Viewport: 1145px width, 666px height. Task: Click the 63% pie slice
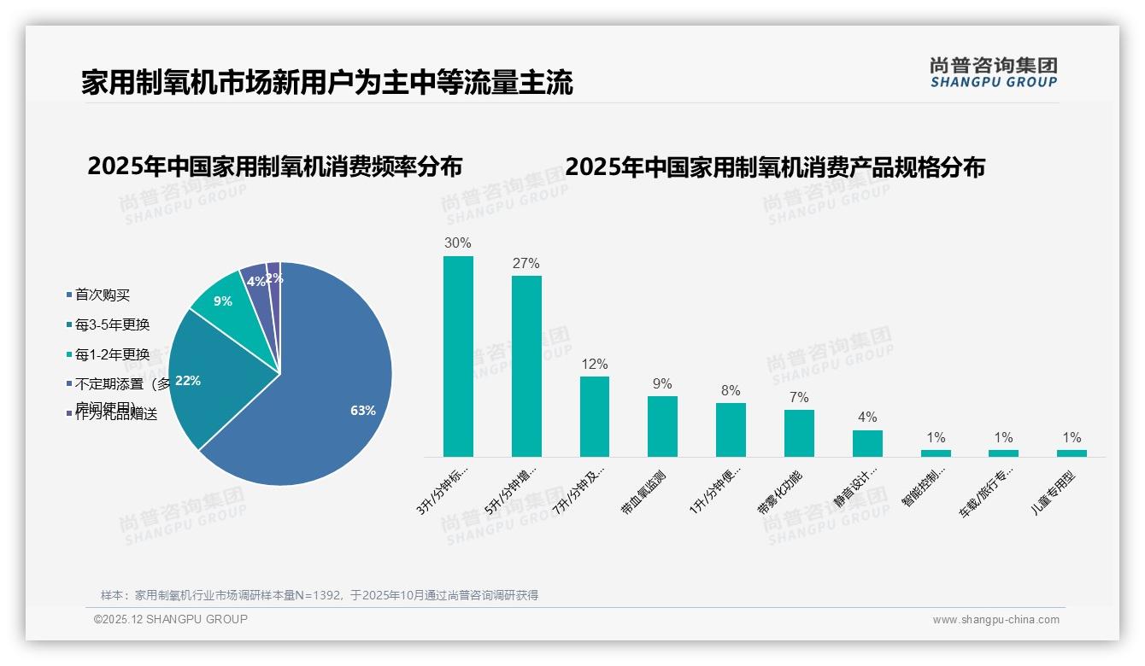[x=333, y=401]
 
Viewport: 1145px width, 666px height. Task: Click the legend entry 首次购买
[x=102, y=295]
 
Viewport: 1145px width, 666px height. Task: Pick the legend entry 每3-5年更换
[x=111, y=324]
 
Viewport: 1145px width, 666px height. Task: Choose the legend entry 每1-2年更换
[x=111, y=354]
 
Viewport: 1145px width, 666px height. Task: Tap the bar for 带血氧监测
[x=662, y=426]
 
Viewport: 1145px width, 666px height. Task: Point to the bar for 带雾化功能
[x=799, y=433]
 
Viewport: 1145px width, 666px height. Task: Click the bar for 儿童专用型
[x=1072, y=453]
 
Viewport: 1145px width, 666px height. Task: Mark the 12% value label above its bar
[x=595, y=364]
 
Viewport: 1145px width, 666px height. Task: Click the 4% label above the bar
[x=867, y=418]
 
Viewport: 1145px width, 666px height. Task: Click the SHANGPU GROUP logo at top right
[x=993, y=73]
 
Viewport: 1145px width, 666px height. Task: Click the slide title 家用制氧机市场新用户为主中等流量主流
[x=327, y=83]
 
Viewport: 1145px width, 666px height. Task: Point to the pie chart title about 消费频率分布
[x=274, y=166]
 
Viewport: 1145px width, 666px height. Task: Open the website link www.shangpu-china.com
[x=995, y=620]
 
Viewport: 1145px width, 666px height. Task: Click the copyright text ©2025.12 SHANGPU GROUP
[x=170, y=619]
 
